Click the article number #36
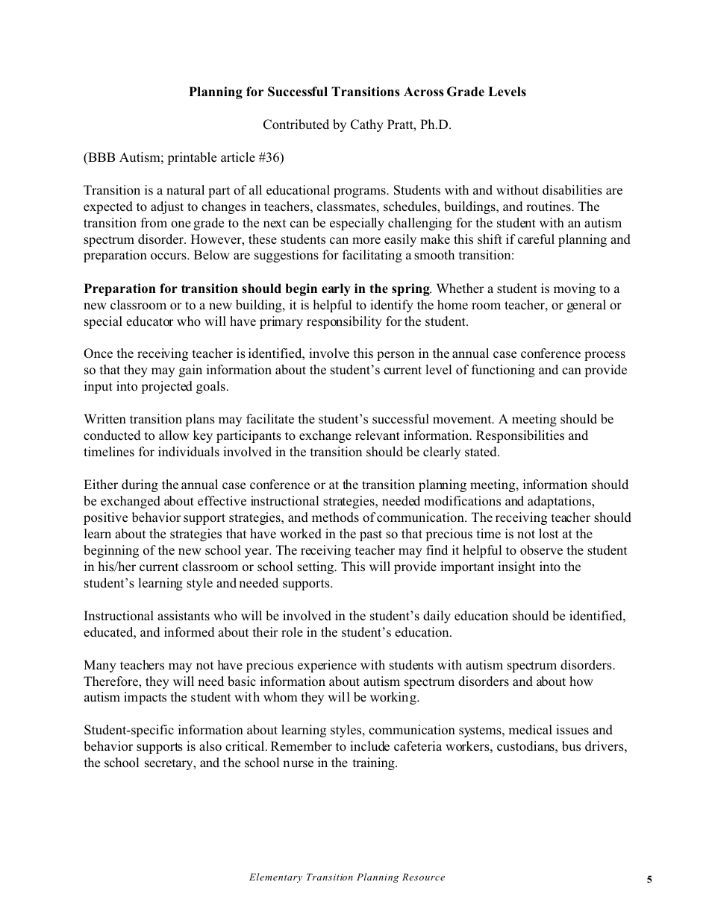point(269,158)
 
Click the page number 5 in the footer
point(649,880)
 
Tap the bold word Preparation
point(118,289)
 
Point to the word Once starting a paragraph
point(98,353)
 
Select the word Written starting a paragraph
point(105,419)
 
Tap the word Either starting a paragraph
point(99,485)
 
